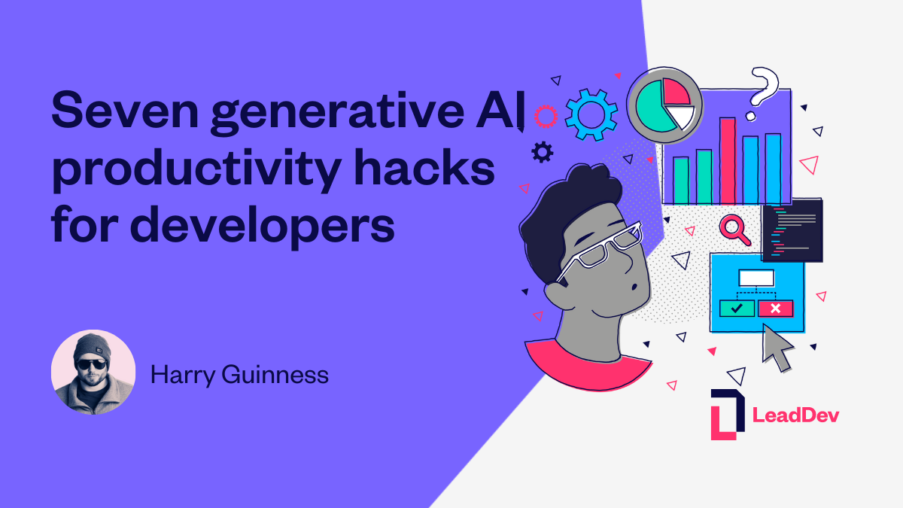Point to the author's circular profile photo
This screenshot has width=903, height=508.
(x=93, y=373)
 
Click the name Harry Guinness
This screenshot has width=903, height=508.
(x=239, y=374)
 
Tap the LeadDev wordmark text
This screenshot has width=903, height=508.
(x=795, y=415)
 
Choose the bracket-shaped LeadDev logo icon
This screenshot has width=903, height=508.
(x=727, y=414)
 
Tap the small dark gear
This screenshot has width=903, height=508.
(x=542, y=153)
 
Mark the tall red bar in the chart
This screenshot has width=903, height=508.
(x=727, y=160)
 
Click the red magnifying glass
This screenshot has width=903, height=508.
(x=734, y=229)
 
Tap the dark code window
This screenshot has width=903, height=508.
(x=792, y=230)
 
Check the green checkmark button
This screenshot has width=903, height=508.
(x=737, y=308)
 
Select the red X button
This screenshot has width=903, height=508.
(x=775, y=308)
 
